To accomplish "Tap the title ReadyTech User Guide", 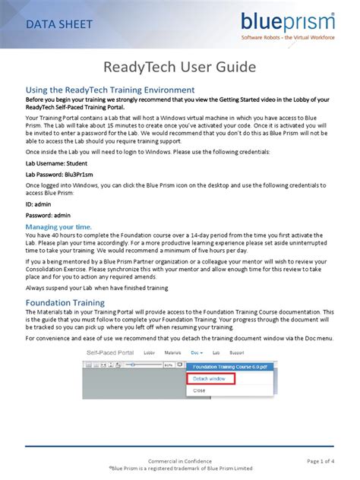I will (179, 68).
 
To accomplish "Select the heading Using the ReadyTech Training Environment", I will (111, 90).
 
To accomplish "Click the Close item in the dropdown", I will (200, 390).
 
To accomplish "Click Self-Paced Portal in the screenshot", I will (112, 353).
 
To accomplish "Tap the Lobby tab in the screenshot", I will (150, 353).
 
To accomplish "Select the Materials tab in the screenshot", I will (174, 353).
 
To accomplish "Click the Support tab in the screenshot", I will (237, 353).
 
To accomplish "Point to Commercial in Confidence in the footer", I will (179, 460).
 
